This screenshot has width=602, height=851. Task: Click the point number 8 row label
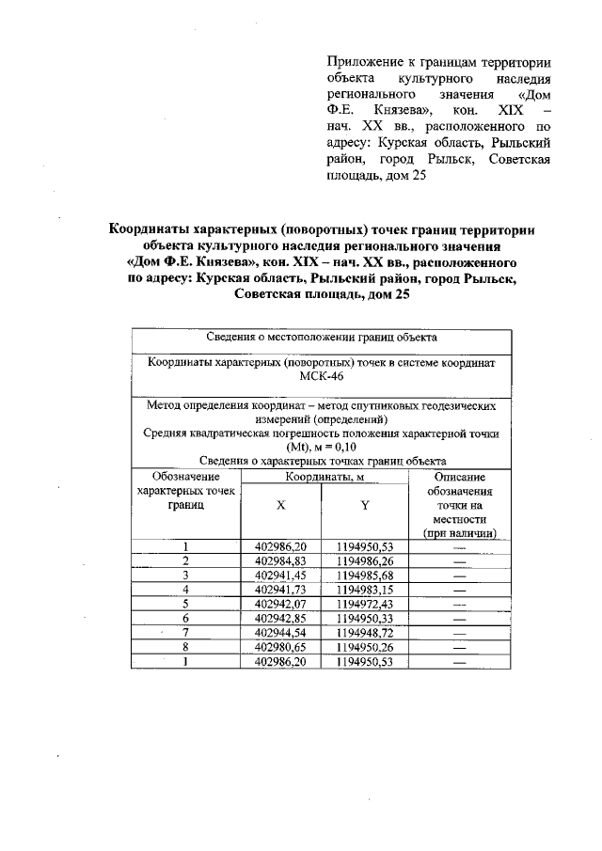click(186, 648)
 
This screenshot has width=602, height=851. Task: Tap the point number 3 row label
click(186, 575)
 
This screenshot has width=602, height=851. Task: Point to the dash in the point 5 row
click(460, 605)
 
